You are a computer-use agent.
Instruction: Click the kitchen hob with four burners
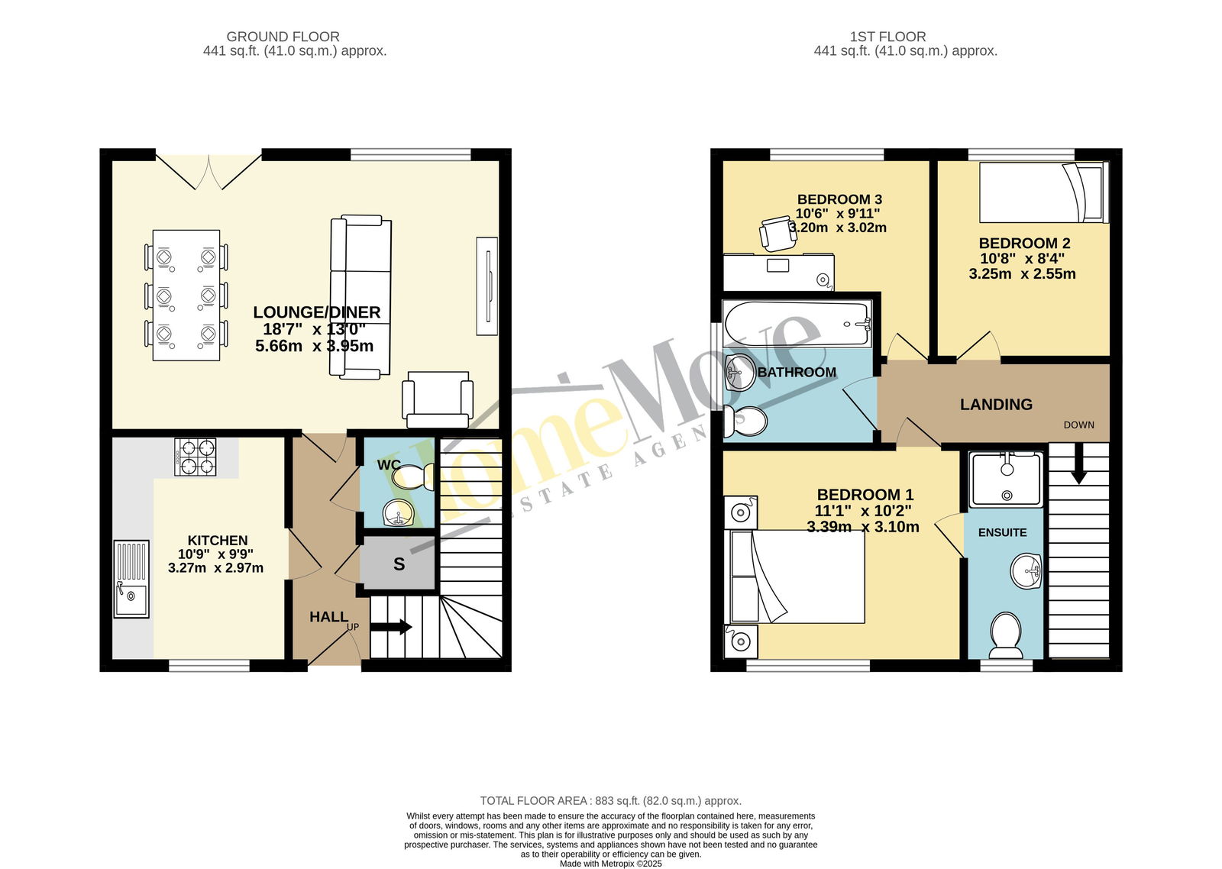[x=196, y=457]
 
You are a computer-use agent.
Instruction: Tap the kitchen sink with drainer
[x=131, y=579]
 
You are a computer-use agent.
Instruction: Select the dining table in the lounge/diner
[x=186, y=295]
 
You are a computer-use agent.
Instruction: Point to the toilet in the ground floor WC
[x=413, y=476]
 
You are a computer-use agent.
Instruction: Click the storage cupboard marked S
[x=399, y=563]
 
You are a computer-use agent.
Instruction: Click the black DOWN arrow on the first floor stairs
[x=1078, y=464]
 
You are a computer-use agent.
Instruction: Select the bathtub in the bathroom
[x=797, y=324]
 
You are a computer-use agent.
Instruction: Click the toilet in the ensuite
[x=1005, y=635]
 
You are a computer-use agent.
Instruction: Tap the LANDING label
[x=996, y=404]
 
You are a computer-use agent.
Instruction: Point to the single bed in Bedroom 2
[x=1044, y=192]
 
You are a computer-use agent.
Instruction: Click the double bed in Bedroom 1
[x=797, y=577]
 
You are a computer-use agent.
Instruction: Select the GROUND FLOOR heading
[x=283, y=37]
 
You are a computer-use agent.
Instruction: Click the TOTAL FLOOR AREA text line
[x=610, y=801]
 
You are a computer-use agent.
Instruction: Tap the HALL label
[x=328, y=616]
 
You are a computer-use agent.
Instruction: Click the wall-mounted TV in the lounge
[x=487, y=286]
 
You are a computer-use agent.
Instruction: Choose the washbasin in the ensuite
[x=1026, y=571]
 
